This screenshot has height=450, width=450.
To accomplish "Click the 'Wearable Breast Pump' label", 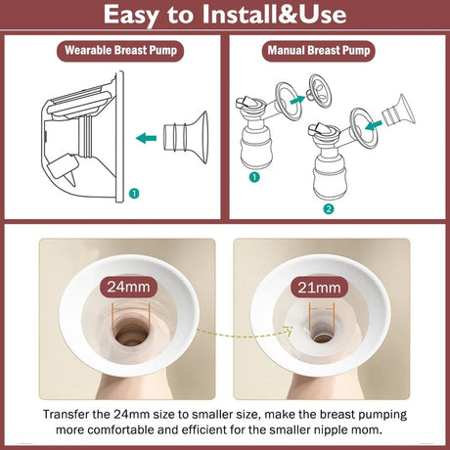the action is point(120,51).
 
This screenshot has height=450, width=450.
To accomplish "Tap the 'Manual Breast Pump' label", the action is point(319,51).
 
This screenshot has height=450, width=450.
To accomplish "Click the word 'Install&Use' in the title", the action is point(274,15).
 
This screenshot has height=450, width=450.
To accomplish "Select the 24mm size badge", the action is point(128,287).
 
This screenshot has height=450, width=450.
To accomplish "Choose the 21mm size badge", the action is point(319,288).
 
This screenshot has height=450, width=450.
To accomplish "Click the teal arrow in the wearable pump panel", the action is point(146,138).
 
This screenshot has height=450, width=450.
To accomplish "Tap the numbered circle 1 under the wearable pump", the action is point(134,194).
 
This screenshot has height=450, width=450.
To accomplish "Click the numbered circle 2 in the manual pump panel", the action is point(329,208).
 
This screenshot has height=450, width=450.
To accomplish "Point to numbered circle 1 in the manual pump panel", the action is point(254,177).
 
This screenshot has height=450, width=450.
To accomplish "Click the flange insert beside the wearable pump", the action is point(186,137).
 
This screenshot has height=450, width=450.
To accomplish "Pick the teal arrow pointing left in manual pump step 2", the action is point(374,125).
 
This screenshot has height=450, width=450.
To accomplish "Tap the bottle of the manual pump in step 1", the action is point(256,145).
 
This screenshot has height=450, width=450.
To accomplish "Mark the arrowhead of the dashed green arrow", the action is point(288,330).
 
